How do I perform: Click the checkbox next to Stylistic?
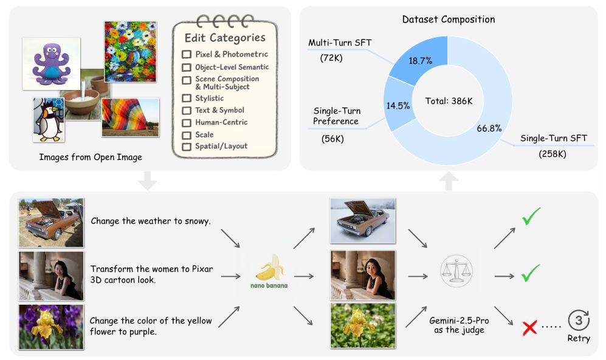tap(186, 98)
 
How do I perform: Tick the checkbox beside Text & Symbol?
tap(186, 110)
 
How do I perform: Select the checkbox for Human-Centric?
tap(186, 122)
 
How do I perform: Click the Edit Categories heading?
tap(225, 38)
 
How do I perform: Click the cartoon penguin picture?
tap(48, 119)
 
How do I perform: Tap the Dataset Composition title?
tap(449, 19)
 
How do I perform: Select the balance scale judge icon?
tap(452, 269)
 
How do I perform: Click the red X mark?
tap(529, 328)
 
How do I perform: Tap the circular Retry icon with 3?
tap(577, 320)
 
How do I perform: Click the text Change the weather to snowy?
tap(151, 221)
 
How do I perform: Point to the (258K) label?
tap(553, 154)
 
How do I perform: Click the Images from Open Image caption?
tap(90, 157)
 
